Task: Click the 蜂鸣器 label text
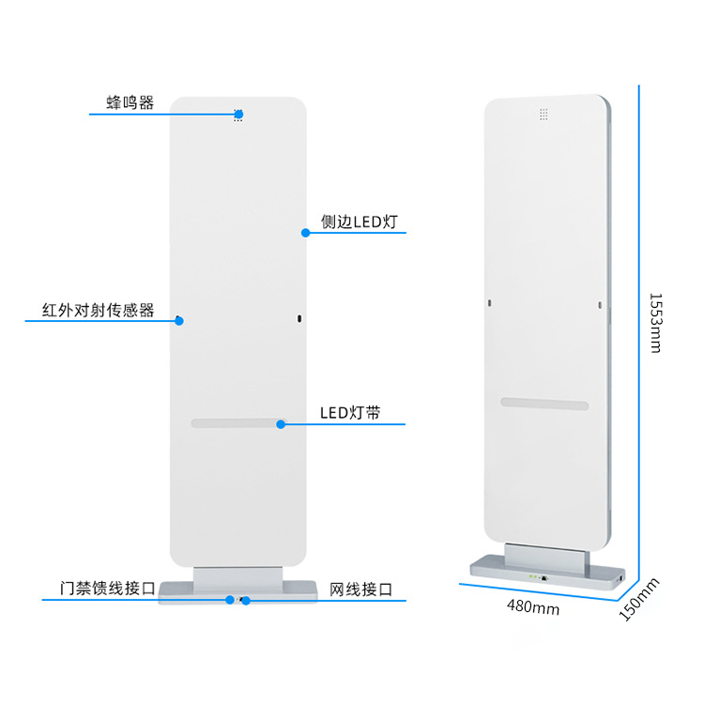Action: coord(130,103)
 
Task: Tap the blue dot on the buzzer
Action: coord(238,115)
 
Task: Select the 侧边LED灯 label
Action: coord(360,222)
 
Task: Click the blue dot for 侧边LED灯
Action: coord(306,233)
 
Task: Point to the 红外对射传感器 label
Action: coord(99,311)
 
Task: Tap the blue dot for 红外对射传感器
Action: coord(179,321)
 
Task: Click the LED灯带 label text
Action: coord(350,413)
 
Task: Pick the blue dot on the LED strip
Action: coord(281,424)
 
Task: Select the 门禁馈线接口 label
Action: coord(108,589)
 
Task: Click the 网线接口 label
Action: coord(361,589)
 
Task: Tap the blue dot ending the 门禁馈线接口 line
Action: coord(230,600)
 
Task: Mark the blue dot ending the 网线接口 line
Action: coord(246,601)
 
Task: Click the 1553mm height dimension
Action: coord(656,323)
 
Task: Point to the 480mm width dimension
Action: coord(533,607)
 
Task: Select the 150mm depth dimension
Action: coord(639,600)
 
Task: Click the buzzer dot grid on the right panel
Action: coord(543,115)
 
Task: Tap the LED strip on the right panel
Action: coord(544,404)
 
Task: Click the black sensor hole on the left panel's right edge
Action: coord(299,319)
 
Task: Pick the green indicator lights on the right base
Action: coord(533,576)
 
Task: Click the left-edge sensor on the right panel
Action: coord(490,303)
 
